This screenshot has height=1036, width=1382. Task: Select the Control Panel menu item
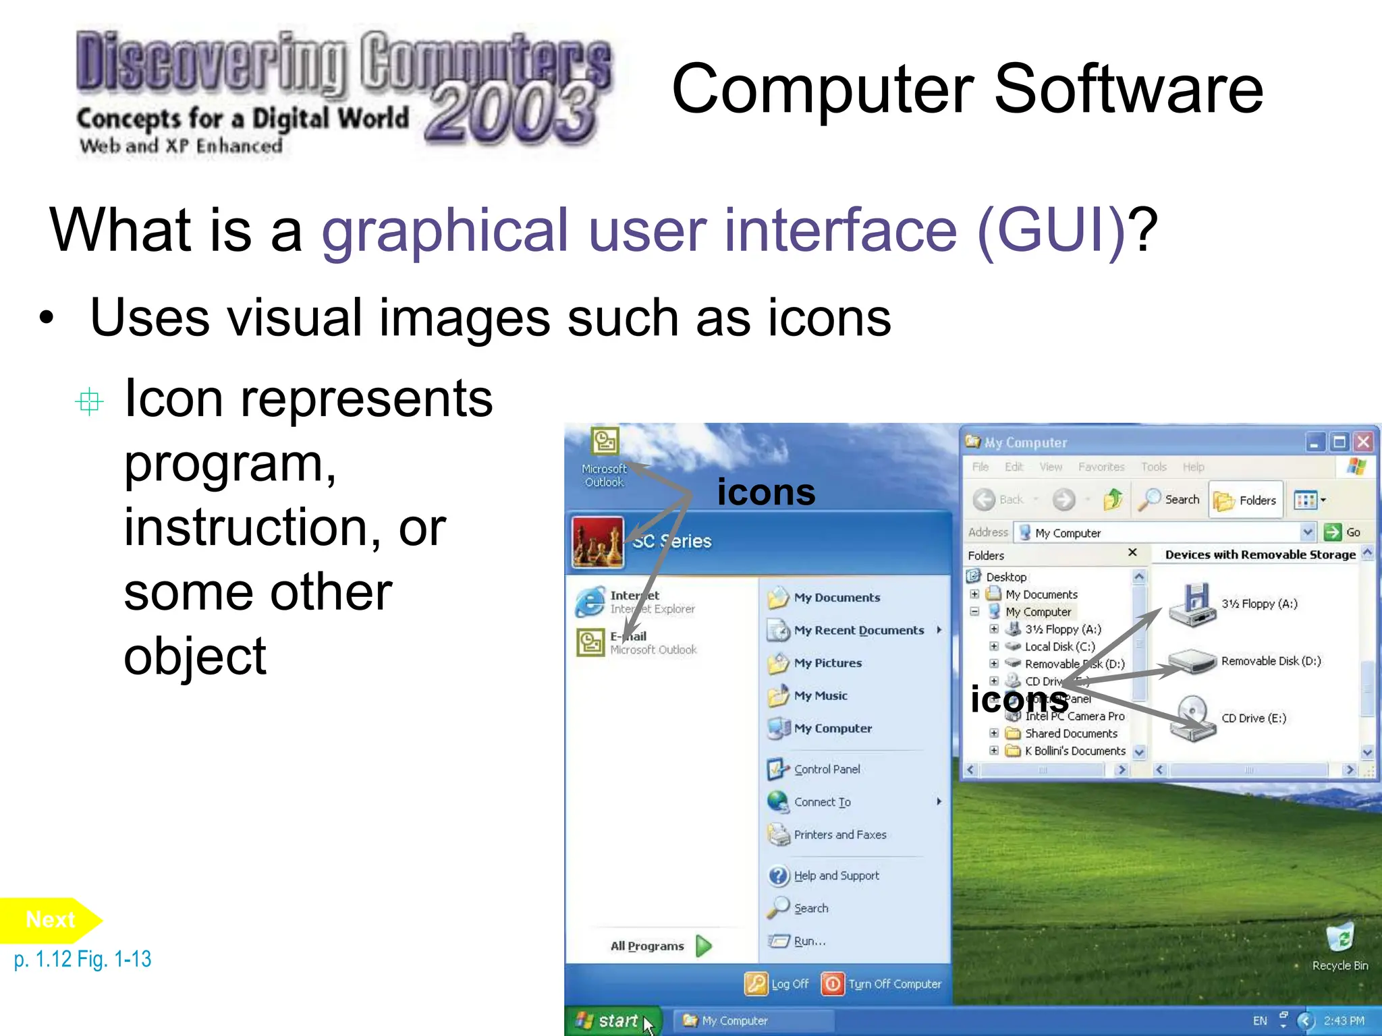coord(826,769)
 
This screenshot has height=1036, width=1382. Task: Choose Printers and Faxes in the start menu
coord(839,834)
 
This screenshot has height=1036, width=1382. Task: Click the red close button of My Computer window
coord(1363,442)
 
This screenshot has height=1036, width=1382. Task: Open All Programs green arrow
coord(704,946)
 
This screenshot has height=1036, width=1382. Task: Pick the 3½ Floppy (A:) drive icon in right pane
coord(1192,604)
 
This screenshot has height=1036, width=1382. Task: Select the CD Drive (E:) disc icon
coord(1192,718)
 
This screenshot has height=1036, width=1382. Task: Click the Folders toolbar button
coord(1246,500)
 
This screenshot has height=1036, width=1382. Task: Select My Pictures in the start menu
coord(827,663)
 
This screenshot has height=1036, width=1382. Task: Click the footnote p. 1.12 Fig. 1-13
coord(82,959)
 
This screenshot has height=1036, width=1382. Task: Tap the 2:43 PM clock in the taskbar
coord(1344,1020)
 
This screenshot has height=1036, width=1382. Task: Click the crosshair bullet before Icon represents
coord(89,402)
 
